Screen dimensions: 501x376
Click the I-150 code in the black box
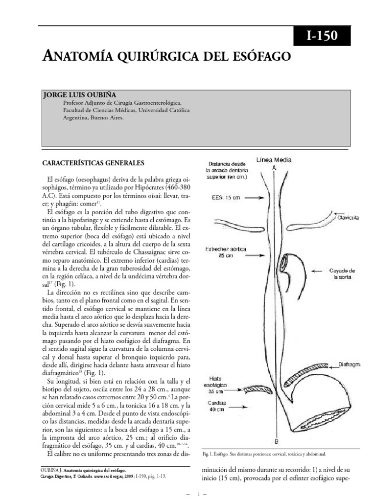pos(322,37)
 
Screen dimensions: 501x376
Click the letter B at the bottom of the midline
pos(277,441)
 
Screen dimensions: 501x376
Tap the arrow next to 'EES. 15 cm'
pos(252,198)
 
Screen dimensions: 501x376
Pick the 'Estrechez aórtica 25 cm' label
pos(226,253)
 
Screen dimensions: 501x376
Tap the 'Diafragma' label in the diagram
pos(349,364)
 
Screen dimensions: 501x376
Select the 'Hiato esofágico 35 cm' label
pos(218,385)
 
